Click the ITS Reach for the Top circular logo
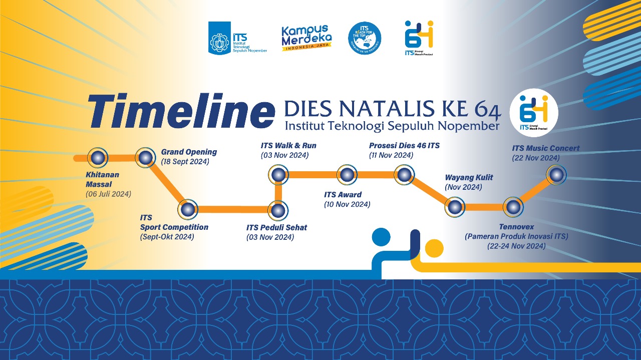pyautogui.click(x=365, y=39)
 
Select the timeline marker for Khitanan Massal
pyautogui.click(x=98, y=158)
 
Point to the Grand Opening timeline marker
pyautogui.click(x=145, y=158)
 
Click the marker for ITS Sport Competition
pyautogui.click(x=188, y=209)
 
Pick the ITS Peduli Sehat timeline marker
pyautogui.click(x=278, y=209)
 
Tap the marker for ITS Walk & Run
pyautogui.click(x=278, y=175)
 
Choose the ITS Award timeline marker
pyautogui.click(x=347, y=175)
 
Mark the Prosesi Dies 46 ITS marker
pyautogui.click(x=404, y=175)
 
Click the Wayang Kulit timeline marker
pyautogui.click(x=455, y=207)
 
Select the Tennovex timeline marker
pyautogui.click(x=513, y=207)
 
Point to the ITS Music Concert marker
pyautogui.click(x=556, y=175)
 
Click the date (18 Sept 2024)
pyautogui.click(x=185, y=162)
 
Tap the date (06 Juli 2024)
pyautogui.click(x=108, y=194)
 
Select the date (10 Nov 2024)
pyautogui.click(x=347, y=204)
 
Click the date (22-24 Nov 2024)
pyautogui.click(x=516, y=246)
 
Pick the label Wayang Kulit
pyautogui.click(x=469, y=177)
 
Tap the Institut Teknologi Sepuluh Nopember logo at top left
pyautogui.click(x=237, y=38)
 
